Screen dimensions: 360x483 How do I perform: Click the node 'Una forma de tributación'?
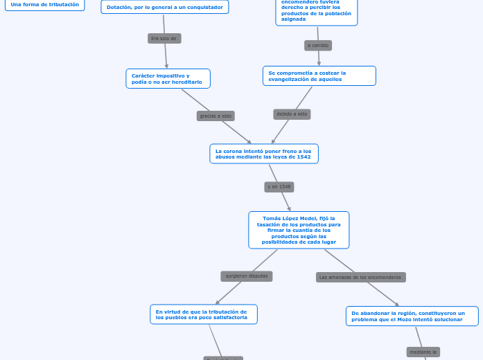(x=45, y=5)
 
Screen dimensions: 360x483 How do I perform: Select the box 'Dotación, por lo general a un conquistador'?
(x=165, y=7)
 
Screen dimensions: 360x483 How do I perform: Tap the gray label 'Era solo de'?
(x=164, y=39)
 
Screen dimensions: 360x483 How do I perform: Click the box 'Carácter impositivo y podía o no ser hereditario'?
(x=168, y=78)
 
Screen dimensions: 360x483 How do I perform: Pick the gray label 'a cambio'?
(x=318, y=46)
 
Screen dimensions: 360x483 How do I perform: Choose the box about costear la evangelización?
(x=319, y=75)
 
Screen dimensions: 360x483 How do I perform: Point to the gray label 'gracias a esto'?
(x=216, y=116)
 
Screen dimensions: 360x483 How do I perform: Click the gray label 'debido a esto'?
(x=292, y=114)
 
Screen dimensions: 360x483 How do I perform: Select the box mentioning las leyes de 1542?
(x=263, y=154)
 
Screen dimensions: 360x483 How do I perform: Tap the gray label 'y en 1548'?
(x=279, y=187)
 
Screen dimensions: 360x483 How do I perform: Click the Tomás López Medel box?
(x=299, y=230)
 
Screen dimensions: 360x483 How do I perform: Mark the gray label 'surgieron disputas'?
(x=247, y=276)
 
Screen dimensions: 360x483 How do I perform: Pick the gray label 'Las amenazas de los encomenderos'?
(x=360, y=277)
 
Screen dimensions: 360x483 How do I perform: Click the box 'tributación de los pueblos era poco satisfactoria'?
(x=203, y=314)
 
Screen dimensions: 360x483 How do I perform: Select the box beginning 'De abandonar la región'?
(x=412, y=316)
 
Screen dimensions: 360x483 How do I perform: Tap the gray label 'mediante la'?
(x=423, y=352)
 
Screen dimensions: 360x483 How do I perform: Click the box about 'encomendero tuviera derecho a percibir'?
(x=316, y=12)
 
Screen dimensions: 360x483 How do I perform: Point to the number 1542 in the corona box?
(x=302, y=156)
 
